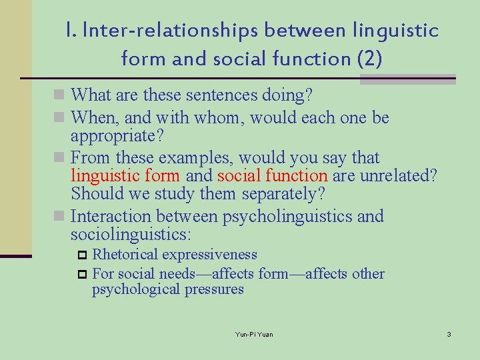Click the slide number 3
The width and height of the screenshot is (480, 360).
click(x=449, y=333)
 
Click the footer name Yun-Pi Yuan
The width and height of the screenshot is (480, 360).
click(x=254, y=333)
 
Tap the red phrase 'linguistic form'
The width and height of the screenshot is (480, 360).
click(x=125, y=175)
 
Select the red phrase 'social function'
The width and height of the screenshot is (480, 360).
click(x=272, y=175)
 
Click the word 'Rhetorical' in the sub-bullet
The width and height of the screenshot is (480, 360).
click(x=125, y=255)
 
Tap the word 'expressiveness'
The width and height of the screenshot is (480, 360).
click(x=209, y=255)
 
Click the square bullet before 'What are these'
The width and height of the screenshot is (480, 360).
click(x=61, y=96)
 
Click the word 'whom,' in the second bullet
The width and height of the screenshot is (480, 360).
click(x=223, y=119)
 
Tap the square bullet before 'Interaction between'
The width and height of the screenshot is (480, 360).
click(x=61, y=217)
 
